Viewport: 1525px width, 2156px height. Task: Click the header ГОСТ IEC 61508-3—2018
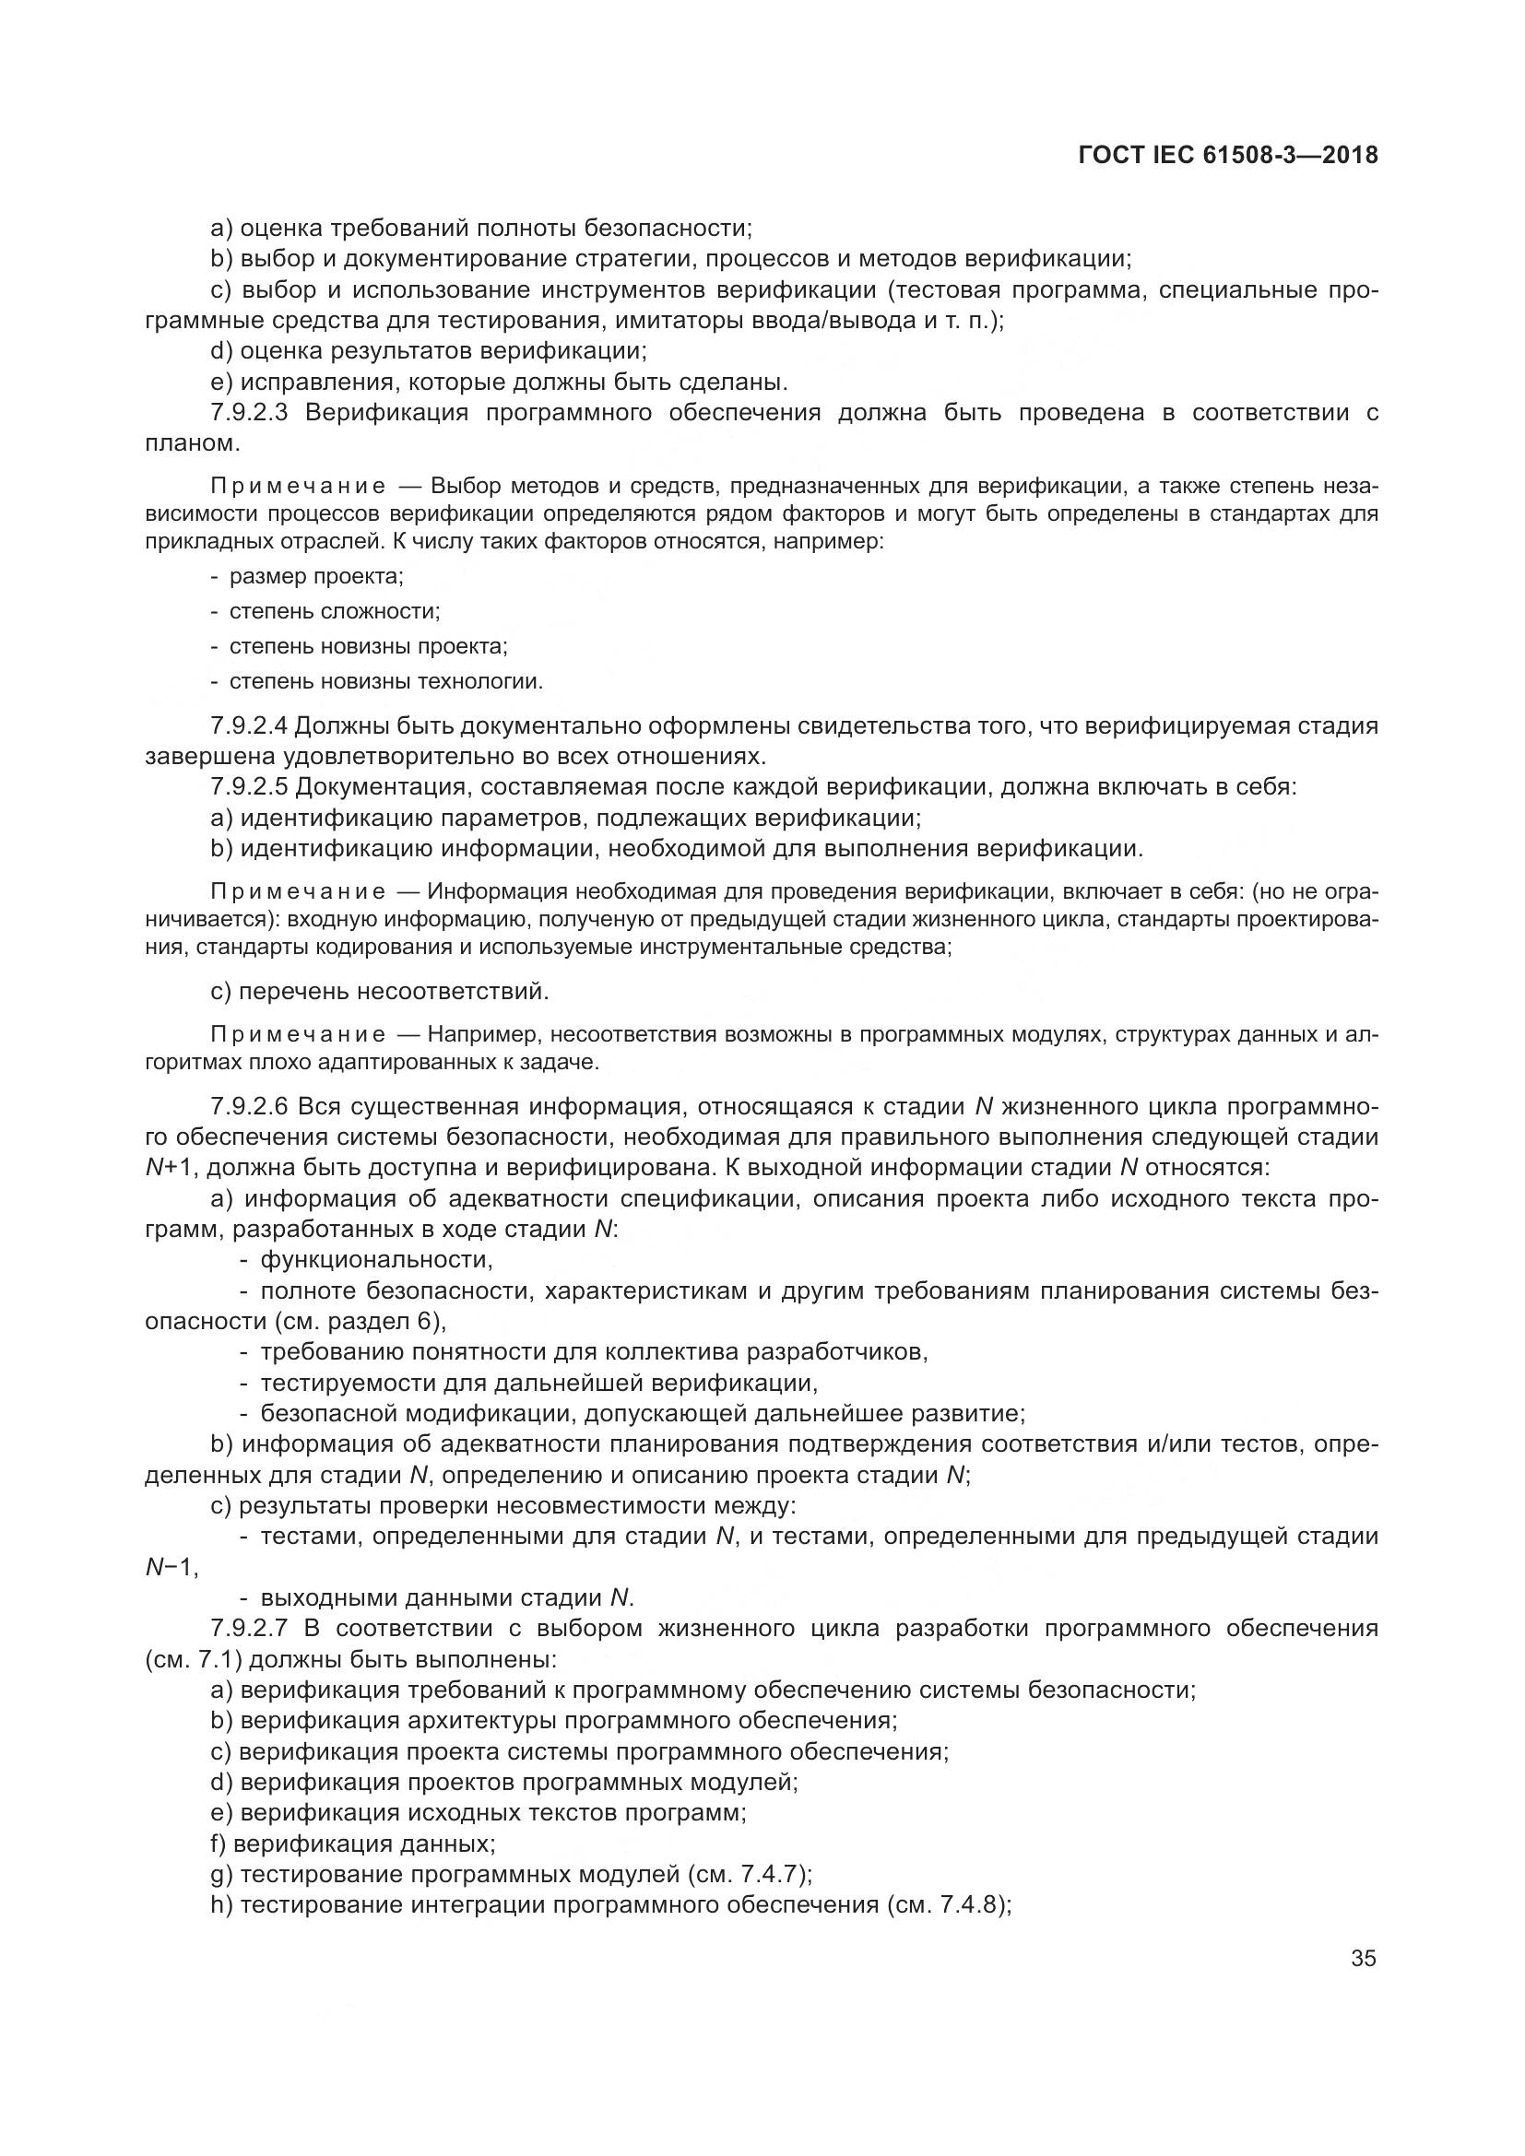[1228, 156]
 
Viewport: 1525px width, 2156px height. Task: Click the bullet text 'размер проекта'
[315, 576]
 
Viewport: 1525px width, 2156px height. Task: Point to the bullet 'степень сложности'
[335, 612]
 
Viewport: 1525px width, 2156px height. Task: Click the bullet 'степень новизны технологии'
[385, 682]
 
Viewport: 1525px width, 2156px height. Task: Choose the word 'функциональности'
[375, 1259]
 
